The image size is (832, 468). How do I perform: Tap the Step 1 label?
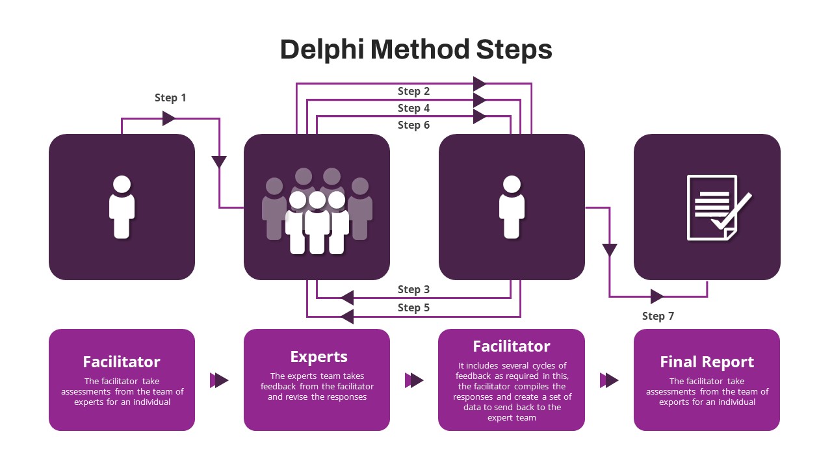[x=170, y=98]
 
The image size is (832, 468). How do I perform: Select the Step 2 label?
[x=413, y=92]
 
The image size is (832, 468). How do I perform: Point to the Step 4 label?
[x=413, y=109]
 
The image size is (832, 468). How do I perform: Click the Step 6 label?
[x=413, y=125]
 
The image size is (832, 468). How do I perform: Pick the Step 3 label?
[x=413, y=290]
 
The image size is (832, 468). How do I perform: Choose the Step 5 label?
[x=413, y=308]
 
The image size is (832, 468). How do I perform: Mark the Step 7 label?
[x=658, y=317]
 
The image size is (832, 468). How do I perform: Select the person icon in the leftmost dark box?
[x=122, y=207]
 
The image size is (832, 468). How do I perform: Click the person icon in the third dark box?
[x=512, y=207]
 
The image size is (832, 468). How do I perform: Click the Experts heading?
[x=318, y=357]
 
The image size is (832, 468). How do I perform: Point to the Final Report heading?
[x=707, y=362]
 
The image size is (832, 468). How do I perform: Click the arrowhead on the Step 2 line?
[x=480, y=84]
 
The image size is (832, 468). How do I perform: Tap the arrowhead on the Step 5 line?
[x=347, y=317]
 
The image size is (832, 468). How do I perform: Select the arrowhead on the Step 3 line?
[x=347, y=298]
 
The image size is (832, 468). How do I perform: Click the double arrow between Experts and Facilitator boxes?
[x=414, y=380]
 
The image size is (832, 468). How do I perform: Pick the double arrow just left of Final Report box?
[x=609, y=380]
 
